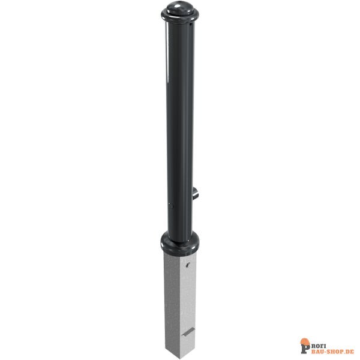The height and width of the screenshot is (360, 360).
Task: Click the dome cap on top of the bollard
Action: click(x=180, y=8)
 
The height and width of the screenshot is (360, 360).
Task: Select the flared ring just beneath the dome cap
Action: click(x=180, y=17)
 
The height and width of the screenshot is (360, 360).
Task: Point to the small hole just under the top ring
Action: click(x=191, y=23)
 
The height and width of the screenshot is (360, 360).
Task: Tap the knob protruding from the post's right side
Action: click(x=196, y=193)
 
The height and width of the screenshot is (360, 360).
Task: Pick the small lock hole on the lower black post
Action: click(x=170, y=205)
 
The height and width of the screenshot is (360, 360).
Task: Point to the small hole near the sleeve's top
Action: click(x=188, y=265)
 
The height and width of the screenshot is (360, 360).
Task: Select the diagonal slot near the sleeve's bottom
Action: click(x=188, y=332)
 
